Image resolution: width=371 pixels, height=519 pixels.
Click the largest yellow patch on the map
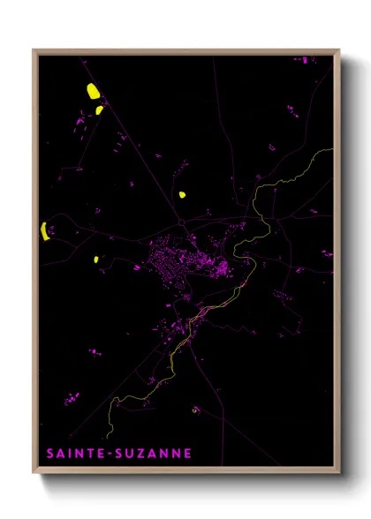pyautogui.click(x=93, y=90)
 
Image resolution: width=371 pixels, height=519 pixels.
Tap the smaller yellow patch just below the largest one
pyautogui.click(x=100, y=110)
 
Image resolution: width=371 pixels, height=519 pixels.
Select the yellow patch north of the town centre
pyautogui.click(x=182, y=194)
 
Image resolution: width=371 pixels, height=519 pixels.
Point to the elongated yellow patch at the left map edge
pyautogui.click(x=43, y=231)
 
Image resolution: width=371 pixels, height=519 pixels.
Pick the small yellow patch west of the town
pyautogui.click(x=96, y=259)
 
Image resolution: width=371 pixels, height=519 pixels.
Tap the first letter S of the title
pyautogui.click(x=50, y=454)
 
